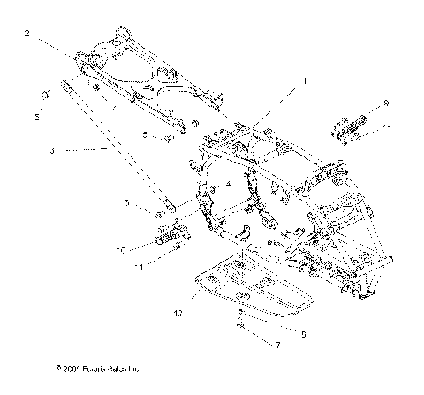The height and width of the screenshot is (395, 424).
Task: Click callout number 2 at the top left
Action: [x=27, y=34]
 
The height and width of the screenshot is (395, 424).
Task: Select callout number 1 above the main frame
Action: [x=305, y=80]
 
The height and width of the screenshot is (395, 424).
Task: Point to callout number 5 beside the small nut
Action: [x=37, y=116]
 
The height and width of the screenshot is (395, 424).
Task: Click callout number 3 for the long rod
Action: [x=52, y=152]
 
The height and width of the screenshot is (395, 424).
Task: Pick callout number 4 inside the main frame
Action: [x=227, y=184]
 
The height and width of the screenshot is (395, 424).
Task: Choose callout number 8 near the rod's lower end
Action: [x=127, y=202]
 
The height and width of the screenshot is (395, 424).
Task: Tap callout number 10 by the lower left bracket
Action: [x=121, y=250]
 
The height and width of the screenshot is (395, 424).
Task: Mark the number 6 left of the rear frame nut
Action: [x=144, y=134]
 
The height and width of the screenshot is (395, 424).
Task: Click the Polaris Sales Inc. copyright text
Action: [x=97, y=368]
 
